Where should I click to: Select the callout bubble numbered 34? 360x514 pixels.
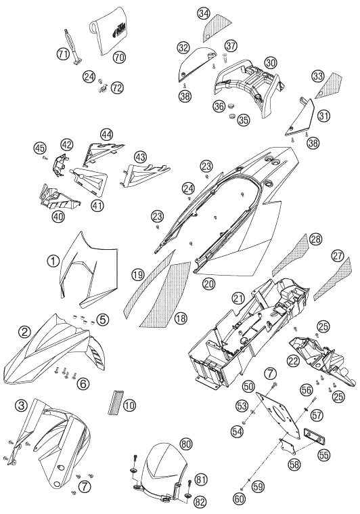(204, 14)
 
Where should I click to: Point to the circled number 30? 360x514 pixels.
(271, 62)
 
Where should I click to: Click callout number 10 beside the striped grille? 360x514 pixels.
(130, 406)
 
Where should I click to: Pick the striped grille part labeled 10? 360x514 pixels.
(114, 402)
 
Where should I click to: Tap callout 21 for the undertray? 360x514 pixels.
(238, 298)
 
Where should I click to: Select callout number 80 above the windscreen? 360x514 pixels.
(185, 444)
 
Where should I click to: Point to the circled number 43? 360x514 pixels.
(141, 157)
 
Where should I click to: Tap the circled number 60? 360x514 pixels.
(240, 498)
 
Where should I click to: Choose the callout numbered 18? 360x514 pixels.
(181, 318)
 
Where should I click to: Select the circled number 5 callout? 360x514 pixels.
(103, 319)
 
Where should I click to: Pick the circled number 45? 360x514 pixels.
(40, 148)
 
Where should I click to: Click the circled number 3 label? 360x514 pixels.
(22, 406)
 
